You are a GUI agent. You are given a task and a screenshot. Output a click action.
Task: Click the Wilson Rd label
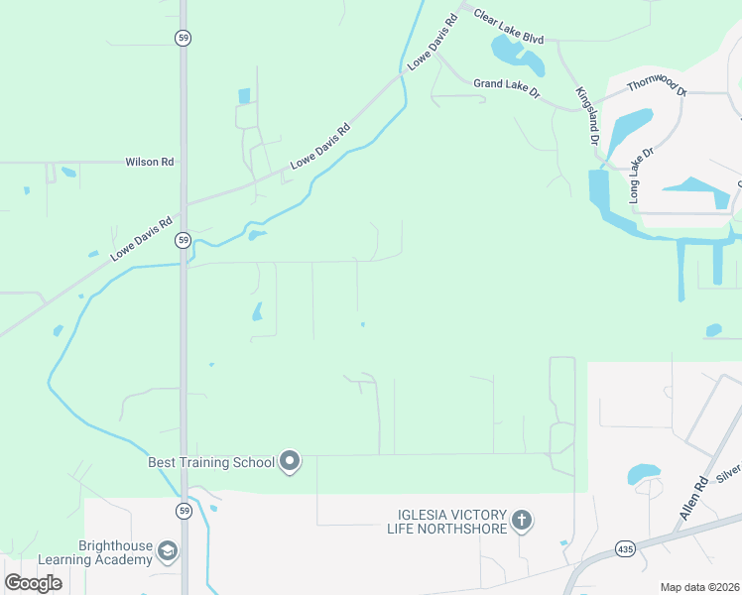[149, 162]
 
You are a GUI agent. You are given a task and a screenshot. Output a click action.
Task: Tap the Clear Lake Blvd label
[509, 28]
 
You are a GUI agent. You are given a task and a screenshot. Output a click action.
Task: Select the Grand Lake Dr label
[506, 87]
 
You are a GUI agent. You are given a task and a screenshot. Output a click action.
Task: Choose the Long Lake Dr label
[643, 176]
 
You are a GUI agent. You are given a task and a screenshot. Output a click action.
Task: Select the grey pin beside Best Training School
[290, 460]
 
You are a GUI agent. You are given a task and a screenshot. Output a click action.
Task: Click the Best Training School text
[210, 462]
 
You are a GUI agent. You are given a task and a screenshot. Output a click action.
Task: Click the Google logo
[33, 583]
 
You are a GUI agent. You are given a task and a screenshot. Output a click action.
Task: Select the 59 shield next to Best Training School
[184, 511]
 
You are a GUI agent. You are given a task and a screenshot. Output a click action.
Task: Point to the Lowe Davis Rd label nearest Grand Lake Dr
[433, 43]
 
